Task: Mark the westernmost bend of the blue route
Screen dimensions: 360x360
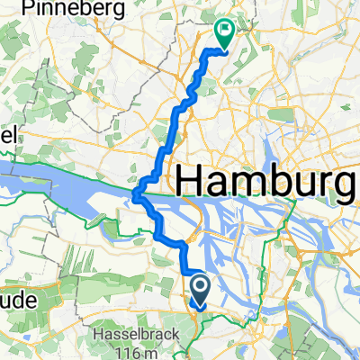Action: (134, 193)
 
